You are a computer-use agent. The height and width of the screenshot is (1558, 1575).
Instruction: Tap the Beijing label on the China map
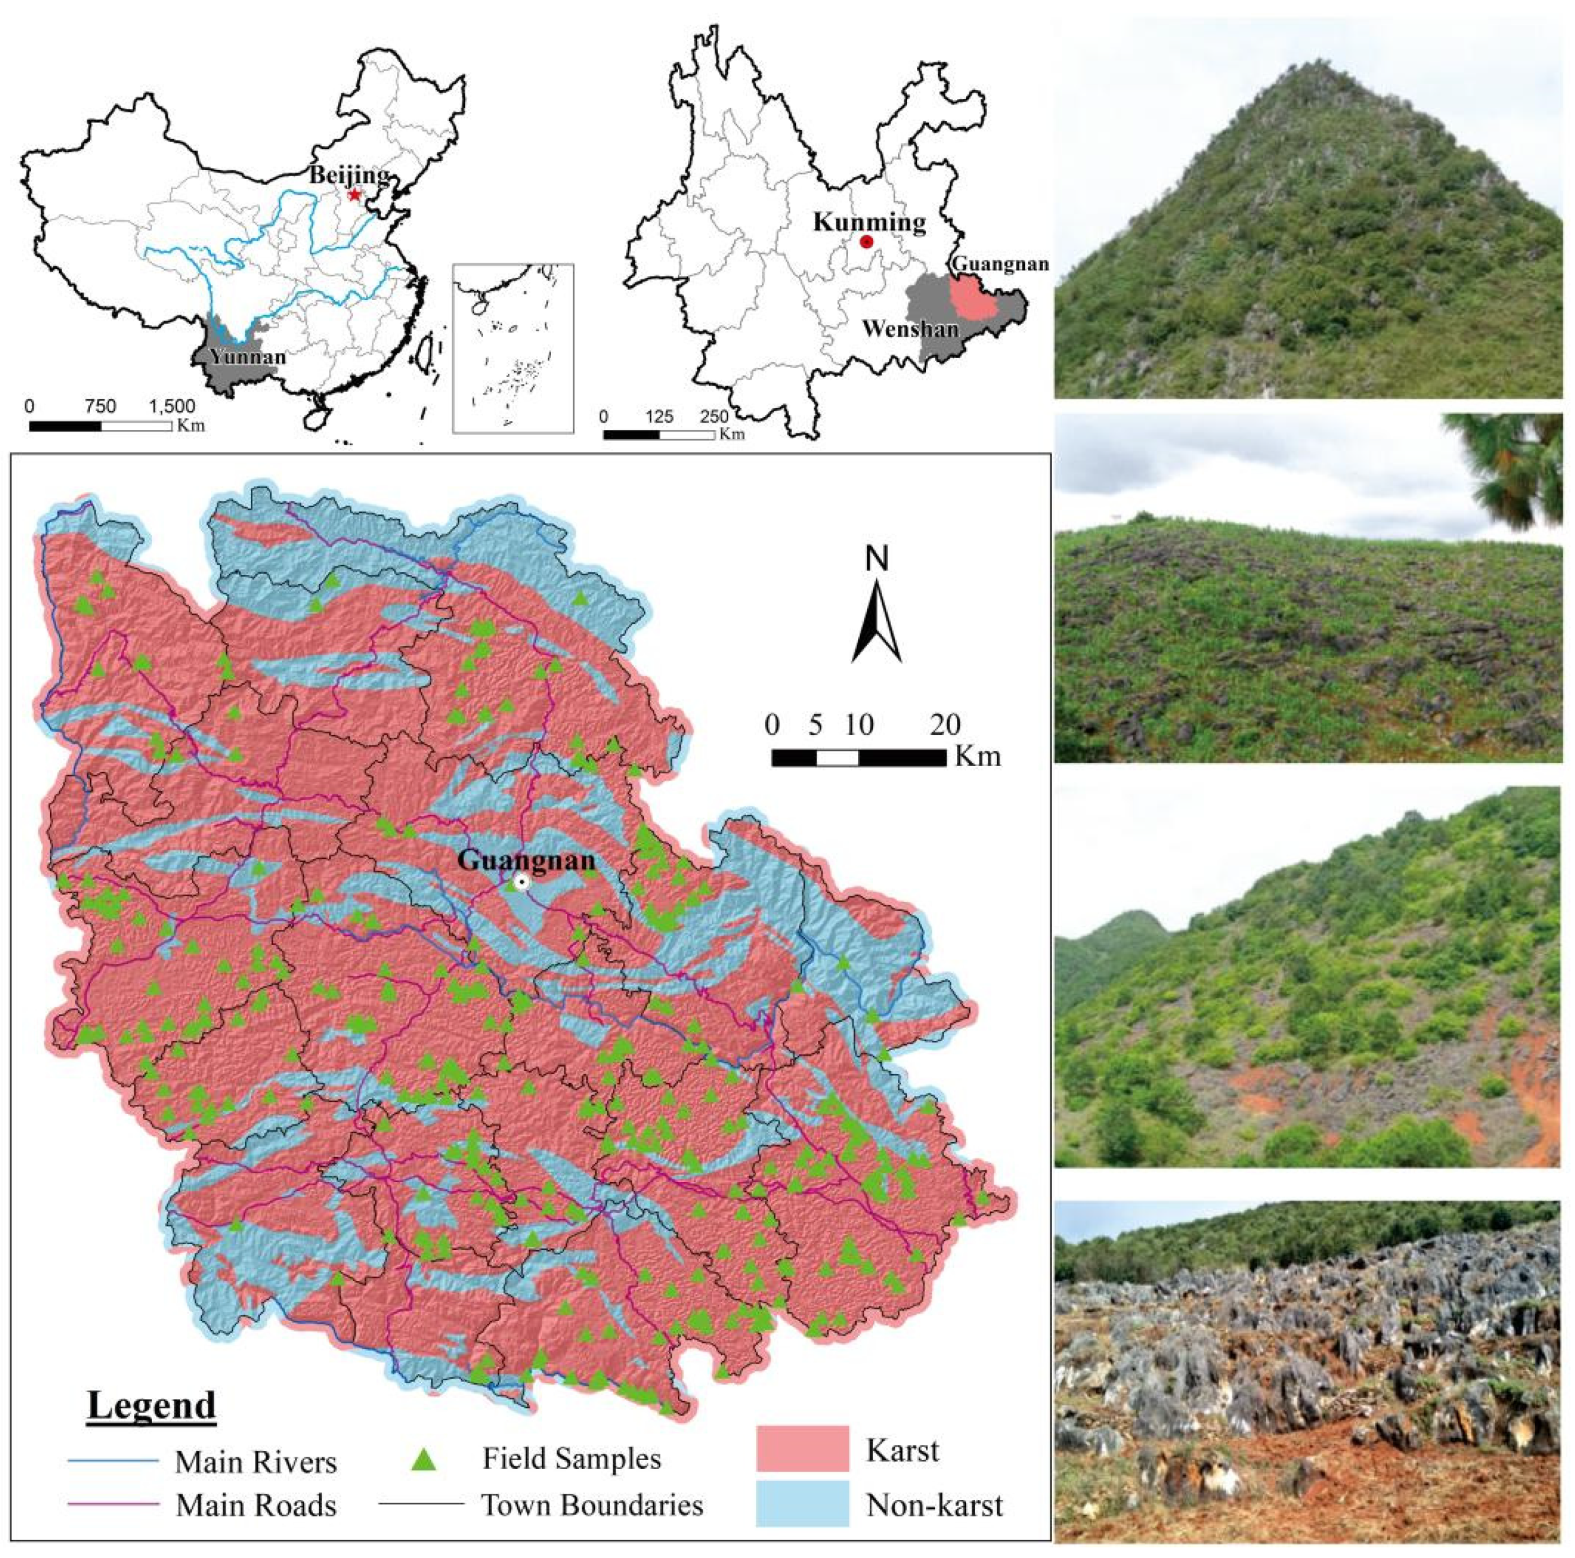pos(348,175)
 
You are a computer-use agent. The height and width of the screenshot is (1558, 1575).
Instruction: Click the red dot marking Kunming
pos(866,241)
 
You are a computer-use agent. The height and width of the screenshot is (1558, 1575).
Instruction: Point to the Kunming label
pos(869,222)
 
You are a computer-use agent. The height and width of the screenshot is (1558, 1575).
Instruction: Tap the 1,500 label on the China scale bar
pos(172,406)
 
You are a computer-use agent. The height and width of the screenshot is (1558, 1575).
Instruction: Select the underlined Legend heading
pos(152,1405)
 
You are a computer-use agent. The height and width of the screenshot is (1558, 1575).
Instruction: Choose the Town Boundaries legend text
pos(592,1504)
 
